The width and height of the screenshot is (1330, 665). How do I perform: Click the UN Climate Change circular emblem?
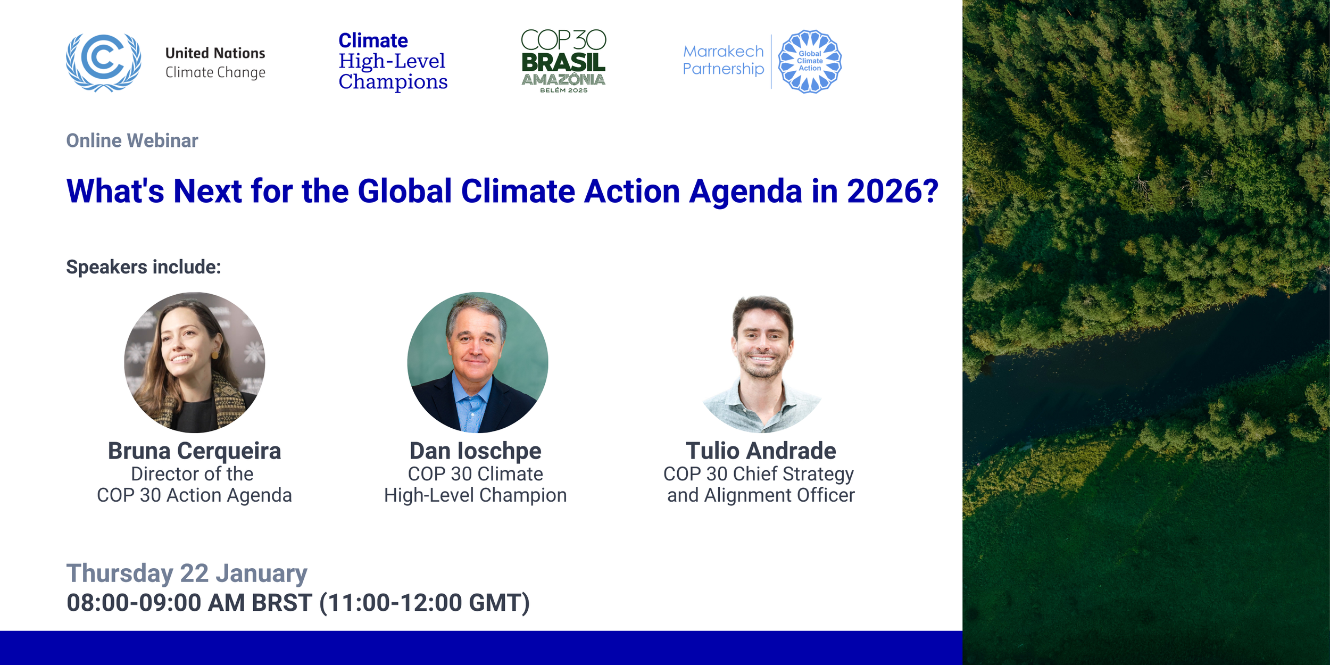[x=104, y=62]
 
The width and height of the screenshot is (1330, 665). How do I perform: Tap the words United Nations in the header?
[x=215, y=53]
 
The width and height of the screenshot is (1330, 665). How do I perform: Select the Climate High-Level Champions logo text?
[x=393, y=61]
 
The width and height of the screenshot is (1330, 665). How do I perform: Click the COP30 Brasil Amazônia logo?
[x=563, y=61]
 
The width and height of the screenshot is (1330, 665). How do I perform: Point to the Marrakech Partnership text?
[x=723, y=60]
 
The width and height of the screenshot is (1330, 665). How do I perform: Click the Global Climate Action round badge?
[x=810, y=61]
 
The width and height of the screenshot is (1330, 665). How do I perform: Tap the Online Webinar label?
[x=132, y=141]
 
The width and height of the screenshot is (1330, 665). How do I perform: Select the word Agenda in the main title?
[x=745, y=192]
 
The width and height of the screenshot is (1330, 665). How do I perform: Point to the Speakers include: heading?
[x=143, y=267]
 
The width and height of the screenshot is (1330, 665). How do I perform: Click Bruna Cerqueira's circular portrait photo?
[x=194, y=362]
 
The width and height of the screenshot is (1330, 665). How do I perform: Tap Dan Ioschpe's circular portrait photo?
[x=477, y=362]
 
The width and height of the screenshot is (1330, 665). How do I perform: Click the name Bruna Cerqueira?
[x=194, y=451]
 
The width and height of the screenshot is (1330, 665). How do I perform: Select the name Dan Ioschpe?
[x=475, y=451]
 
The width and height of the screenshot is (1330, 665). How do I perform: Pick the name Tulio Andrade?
[x=761, y=451]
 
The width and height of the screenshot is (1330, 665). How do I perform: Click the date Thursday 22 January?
[x=187, y=573]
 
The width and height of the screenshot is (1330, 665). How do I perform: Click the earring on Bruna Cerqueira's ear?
[x=215, y=354]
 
